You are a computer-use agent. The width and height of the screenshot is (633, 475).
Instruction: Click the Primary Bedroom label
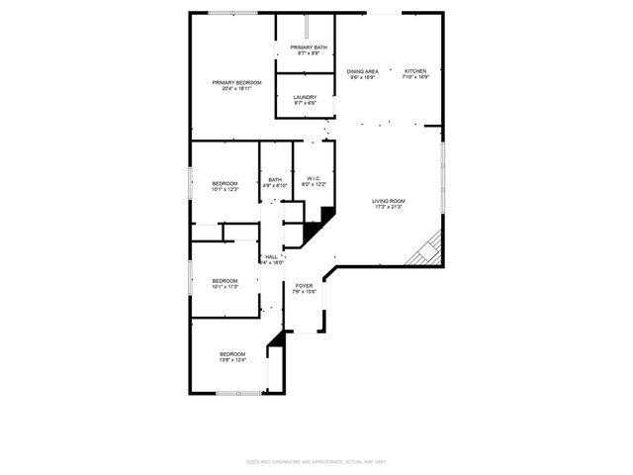pos(236,82)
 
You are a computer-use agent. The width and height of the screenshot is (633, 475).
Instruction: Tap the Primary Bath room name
pos(309,47)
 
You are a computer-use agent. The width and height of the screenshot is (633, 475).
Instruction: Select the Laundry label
pos(305,97)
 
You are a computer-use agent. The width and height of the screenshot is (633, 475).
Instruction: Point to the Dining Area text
pos(362,71)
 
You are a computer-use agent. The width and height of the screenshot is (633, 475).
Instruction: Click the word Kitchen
pos(414,71)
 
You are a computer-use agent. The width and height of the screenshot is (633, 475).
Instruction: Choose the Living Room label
pos(389,201)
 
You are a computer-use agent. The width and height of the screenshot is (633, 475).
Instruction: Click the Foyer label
pos(304,285)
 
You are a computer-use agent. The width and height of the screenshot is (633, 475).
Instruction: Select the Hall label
pos(271,256)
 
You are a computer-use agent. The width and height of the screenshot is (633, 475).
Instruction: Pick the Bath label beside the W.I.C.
pos(274,179)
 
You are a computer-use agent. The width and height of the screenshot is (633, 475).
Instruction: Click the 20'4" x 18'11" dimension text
pos(236,89)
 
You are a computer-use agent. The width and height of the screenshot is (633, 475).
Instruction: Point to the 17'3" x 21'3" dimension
pos(389,208)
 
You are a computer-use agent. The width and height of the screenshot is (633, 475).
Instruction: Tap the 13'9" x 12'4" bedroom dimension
pos(232,360)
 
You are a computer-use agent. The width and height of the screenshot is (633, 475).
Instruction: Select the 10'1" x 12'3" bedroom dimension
pos(226,190)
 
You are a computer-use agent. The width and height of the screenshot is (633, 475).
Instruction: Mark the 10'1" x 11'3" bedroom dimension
pos(226,288)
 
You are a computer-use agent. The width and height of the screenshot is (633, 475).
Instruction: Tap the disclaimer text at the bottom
pos(316,462)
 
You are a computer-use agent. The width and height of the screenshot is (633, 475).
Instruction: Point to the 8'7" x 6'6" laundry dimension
pos(305,103)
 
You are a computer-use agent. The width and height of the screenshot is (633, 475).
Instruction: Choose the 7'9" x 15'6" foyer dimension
pos(304,292)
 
